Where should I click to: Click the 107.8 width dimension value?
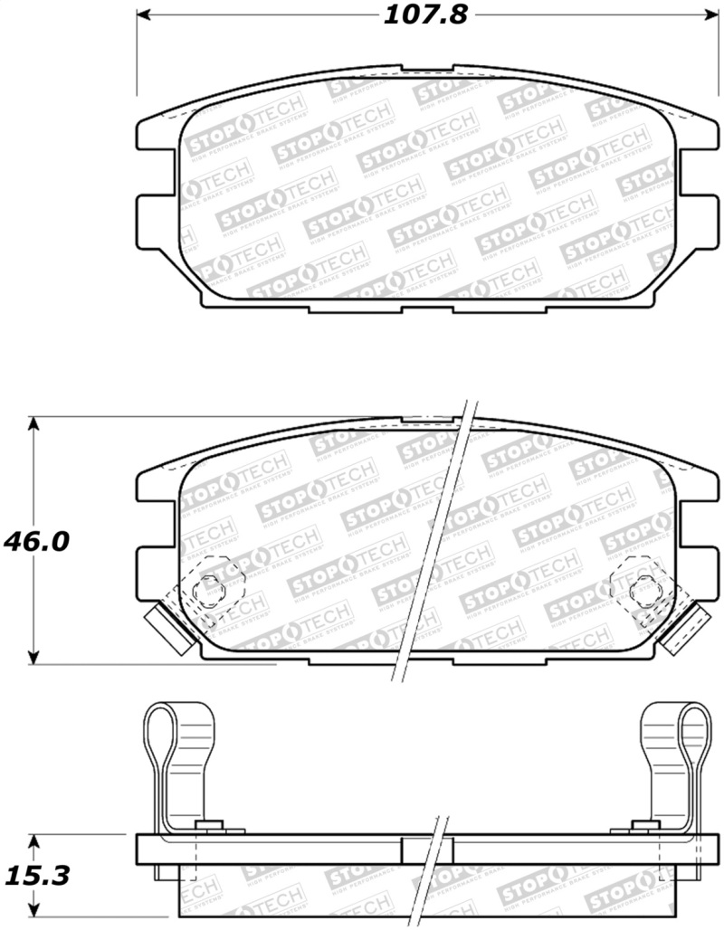click(422, 15)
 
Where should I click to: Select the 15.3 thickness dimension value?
click(36, 875)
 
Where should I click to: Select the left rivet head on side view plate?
click(210, 826)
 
